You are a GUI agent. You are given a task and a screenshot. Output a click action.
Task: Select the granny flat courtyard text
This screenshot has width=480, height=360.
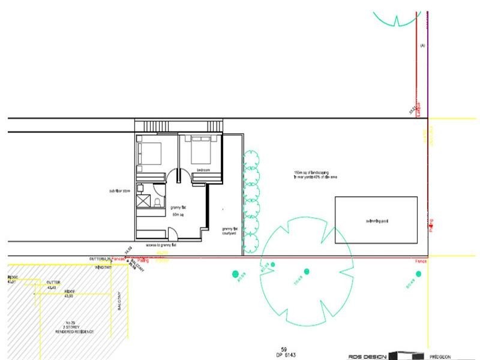point(230,231)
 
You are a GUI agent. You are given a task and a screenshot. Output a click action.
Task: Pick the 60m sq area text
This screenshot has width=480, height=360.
point(177,214)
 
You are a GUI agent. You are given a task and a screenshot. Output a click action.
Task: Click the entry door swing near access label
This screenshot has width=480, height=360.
point(173,235)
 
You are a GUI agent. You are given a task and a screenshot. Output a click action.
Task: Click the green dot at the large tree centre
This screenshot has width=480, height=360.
point(306,272)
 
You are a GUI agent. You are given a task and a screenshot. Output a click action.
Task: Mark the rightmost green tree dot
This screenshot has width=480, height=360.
point(418,274)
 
